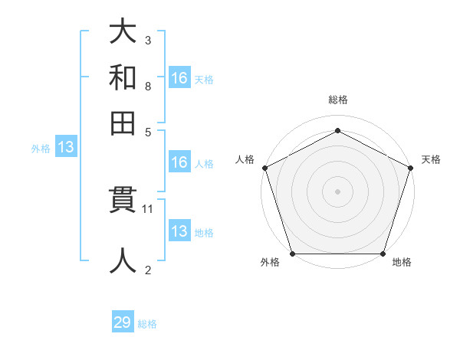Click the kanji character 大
click(123, 33)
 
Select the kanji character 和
click(123, 77)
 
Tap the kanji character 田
click(123, 122)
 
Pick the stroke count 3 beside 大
click(148, 40)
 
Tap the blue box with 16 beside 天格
click(179, 77)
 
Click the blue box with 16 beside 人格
click(179, 162)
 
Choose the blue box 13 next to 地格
click(179, 231)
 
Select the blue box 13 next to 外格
click(65, 148)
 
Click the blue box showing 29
click(123, 322)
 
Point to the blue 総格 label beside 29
click(147, 324)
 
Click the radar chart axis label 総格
click(338, 100)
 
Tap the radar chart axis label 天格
click(432, 159)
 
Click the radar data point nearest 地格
click(383, 254)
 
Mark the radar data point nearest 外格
click(293, 254)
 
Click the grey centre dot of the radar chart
click(338, 191)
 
